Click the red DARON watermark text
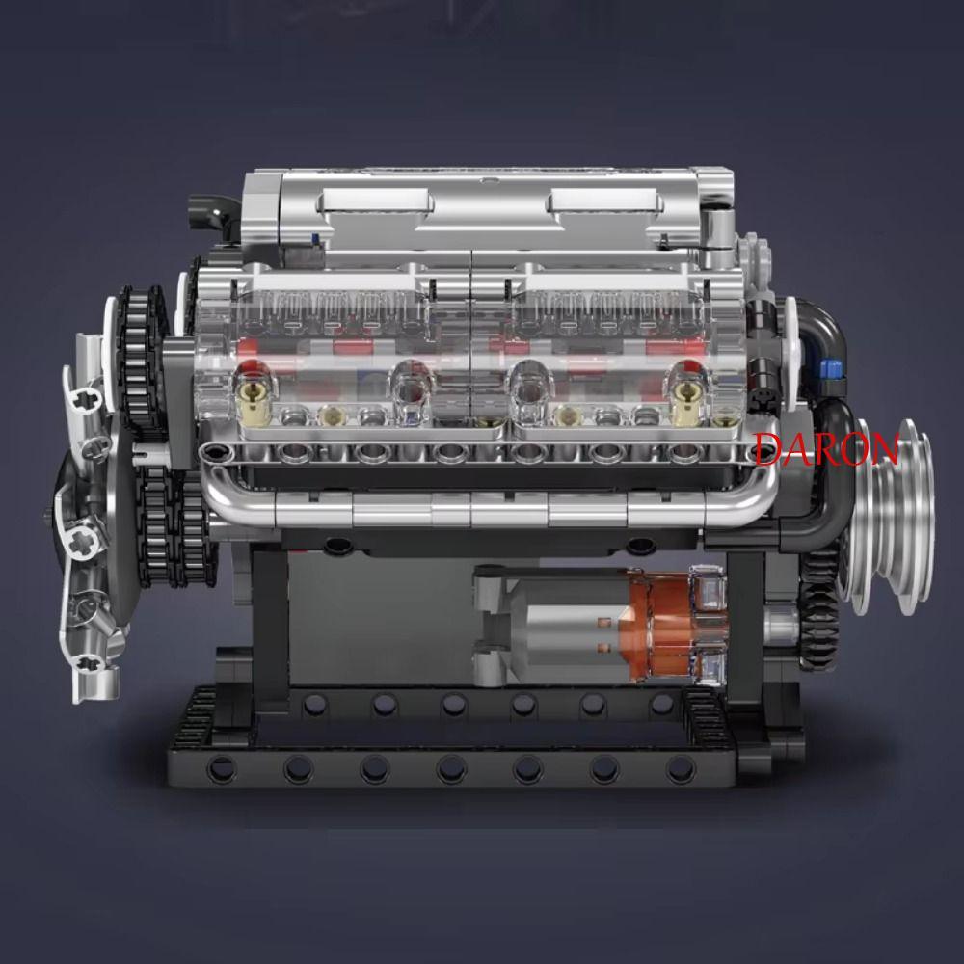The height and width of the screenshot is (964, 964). click(x=827, y=448)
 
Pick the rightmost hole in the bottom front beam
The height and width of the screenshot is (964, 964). click(x=681, y=768)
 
